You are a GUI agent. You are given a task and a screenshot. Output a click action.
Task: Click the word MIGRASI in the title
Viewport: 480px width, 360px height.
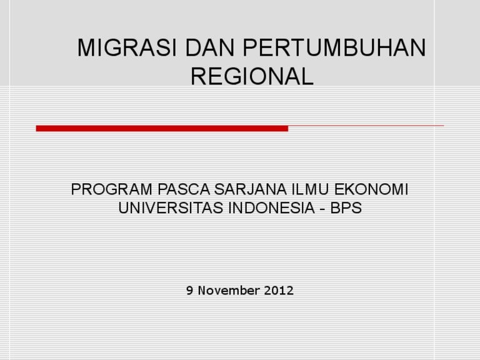coord(118,49)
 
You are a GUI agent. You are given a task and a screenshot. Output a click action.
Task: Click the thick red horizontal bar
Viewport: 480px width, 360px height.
coord(162,128)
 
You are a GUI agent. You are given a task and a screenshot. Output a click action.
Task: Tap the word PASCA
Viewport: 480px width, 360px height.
coord(162,189)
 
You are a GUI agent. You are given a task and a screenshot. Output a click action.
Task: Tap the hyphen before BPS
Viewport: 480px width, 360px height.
coord(321,209)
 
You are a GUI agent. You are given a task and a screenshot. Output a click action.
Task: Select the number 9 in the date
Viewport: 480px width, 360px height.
coord(190,291)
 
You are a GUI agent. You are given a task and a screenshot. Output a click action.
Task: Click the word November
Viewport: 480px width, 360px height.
coord(229,291)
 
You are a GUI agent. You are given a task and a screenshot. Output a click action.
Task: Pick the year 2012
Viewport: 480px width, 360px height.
coord(278,291)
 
